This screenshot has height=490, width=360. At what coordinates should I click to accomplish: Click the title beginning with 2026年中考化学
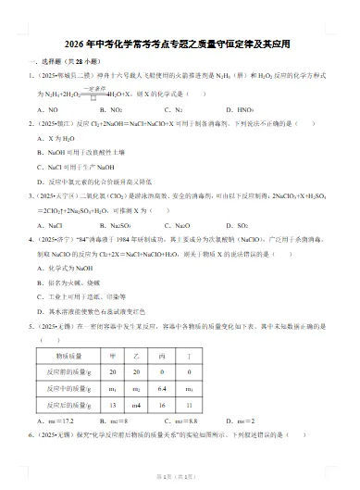point(179,44)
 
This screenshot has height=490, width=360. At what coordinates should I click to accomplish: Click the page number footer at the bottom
point(179,476)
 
